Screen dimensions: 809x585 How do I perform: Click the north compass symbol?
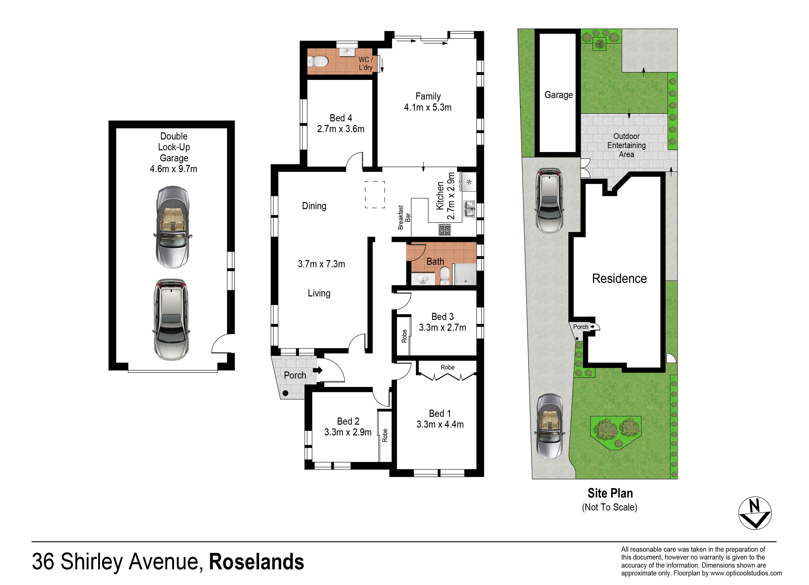tap(755, 513)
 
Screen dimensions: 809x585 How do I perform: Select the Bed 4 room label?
tap(341, 118)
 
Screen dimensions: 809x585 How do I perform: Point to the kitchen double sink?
tap(469, 209)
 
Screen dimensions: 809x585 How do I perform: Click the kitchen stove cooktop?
tap(444, 230)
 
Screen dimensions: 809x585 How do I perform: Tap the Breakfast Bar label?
tap(404, 217)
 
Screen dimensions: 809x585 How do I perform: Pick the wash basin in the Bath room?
tap(423, 279)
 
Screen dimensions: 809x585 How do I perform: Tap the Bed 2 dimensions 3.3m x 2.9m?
tap(348, 432)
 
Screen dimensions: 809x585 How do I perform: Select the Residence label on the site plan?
tap(619, 279)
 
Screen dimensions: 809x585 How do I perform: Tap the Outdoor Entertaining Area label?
tap(626, 146)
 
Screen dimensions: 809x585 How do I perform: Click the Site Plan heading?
tap(610, 493)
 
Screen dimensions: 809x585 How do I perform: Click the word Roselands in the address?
tap(256, 562)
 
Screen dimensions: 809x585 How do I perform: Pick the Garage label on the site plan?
tap(559, 95)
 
